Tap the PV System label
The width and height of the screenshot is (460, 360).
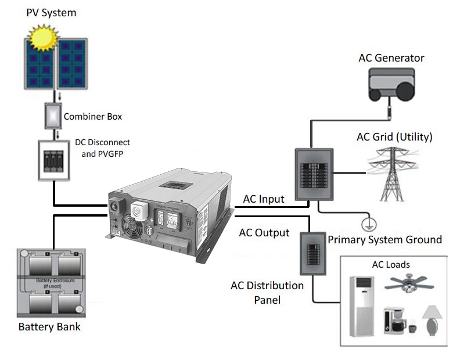[x=51, y=12]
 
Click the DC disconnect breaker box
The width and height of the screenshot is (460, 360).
[x=54, y=161]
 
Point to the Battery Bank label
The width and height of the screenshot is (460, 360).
[x=49, y=327]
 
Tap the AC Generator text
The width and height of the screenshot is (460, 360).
[x=391, y=58]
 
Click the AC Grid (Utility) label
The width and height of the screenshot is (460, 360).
[x=394, y=138]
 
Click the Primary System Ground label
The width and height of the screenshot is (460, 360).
[x=384, y=240]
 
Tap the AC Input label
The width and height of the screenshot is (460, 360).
[x=264, y=200]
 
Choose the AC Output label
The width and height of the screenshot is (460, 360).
[x=264, y=233]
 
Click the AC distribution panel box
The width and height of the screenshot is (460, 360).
[x=311, y=254]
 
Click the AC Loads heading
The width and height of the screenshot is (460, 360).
[x=391, y=265]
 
